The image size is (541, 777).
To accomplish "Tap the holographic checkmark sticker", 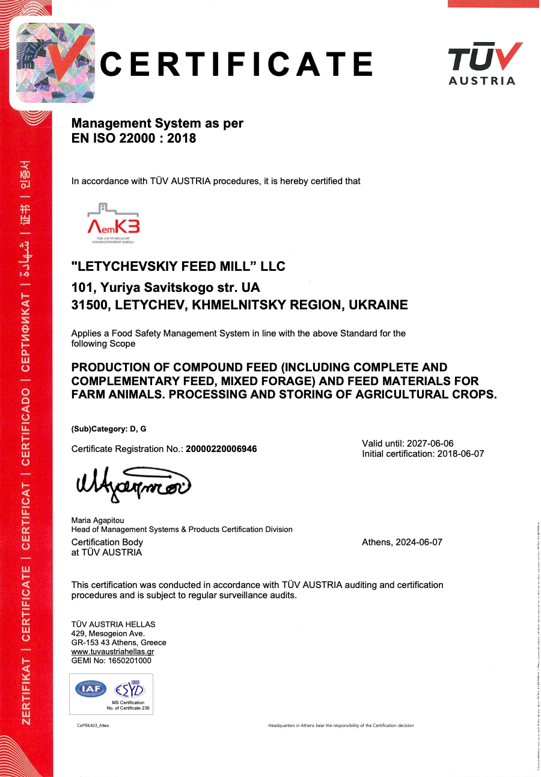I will click(x=55, y=63).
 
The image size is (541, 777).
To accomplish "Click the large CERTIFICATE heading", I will click(x=236, y=64).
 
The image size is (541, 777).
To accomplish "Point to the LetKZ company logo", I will click(x=114, y=224).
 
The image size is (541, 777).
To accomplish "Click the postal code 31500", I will click(x=90, y=305).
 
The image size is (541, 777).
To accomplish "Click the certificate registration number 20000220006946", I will click(x=221, y=448).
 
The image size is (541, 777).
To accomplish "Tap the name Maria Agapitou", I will click(x=98, y=520).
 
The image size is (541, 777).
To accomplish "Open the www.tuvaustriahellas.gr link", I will click(x=112, y=651).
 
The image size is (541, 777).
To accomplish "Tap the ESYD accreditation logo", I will click(x=130, y=689).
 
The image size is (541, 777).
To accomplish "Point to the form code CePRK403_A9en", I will click(x=93, y=725).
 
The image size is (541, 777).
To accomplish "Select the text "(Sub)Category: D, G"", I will click(x=109, y=429).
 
